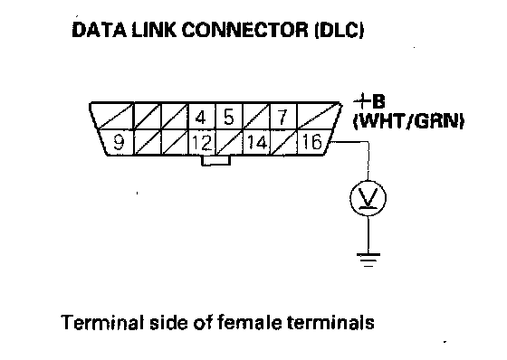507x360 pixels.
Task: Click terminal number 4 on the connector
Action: coord(201,117)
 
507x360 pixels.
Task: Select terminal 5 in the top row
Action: coord(228,117)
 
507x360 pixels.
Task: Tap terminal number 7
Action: coord(282,117)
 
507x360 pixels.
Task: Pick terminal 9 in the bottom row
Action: coord(118,142)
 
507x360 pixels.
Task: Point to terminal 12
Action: coord(202,143)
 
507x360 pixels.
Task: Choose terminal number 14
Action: coord(257,143)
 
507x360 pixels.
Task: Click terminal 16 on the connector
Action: coord(311,142)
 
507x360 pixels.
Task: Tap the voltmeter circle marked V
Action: coord(368,198)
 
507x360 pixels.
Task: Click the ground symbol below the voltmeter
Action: coord(368,261)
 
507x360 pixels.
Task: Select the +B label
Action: coord(369,102)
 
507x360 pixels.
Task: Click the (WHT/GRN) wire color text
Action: coord(408,122)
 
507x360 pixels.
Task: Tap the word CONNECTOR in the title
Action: coord(245,30)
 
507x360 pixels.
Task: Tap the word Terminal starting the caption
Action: coord(102,322)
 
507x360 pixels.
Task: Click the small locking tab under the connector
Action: coord(216,161)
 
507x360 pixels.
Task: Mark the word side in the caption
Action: coord(168,322)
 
